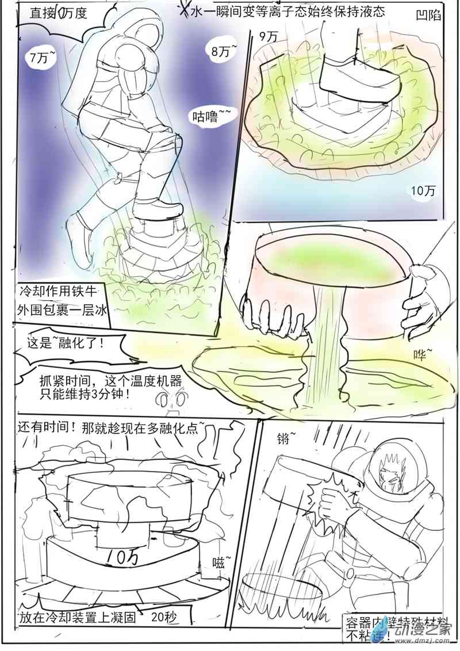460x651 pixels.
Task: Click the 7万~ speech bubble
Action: pos(44,57)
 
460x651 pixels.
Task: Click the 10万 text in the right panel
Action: pos(424,191)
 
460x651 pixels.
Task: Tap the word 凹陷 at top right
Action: pos(428,16)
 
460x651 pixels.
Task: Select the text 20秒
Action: pos(164,618)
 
